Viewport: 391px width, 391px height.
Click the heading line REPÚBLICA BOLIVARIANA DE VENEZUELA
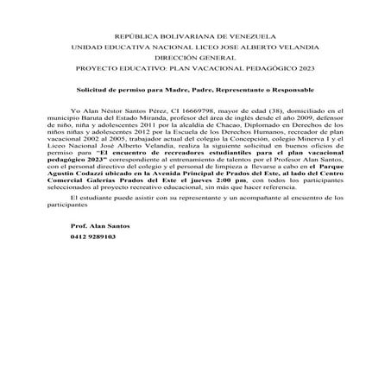(195, 33)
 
